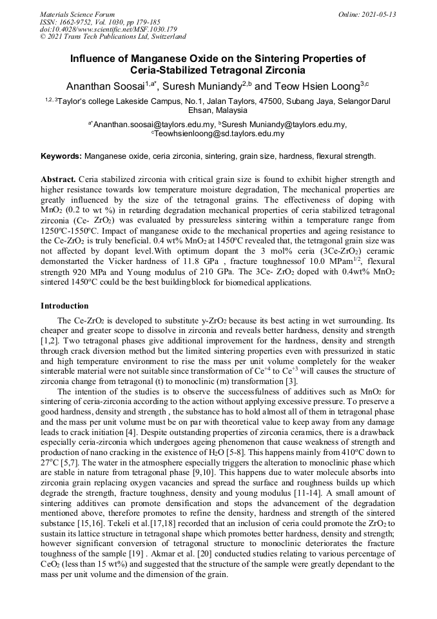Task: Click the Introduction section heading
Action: coord(64,305)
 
